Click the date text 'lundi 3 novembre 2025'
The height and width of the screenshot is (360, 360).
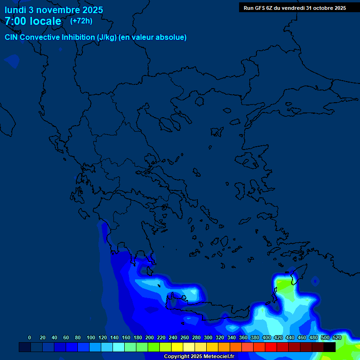[x=54, y=10]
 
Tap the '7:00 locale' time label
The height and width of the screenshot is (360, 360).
[x=33, y=21]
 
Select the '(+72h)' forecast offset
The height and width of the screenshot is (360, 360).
[x=81, y=21]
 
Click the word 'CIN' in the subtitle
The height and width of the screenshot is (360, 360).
[x=11, y=37]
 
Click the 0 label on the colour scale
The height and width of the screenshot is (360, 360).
[x=30, y=337]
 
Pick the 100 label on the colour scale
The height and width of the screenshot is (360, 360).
[x=91, y=337]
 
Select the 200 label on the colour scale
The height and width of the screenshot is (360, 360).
[x=150, y=337]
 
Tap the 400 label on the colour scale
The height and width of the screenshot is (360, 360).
[x=267, y=337]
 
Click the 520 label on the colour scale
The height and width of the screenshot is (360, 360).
[x=337, y=337]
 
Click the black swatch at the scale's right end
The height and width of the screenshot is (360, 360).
[x=330, y=347]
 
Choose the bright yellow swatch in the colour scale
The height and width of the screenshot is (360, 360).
[x=177, y=347]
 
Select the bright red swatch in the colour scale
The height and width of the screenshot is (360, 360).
[x=271, y=347]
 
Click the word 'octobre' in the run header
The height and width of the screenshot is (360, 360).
[x=320, y=7]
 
